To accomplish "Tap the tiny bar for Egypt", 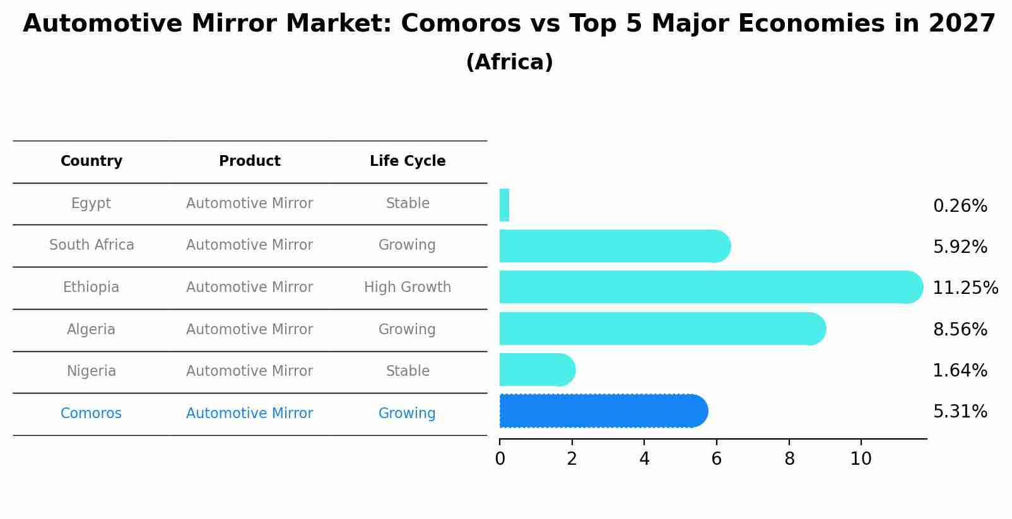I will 504,205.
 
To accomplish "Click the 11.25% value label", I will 965,288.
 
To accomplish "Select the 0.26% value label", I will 960,206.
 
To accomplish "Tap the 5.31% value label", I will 960,412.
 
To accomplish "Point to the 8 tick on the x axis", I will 789,458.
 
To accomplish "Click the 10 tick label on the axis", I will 861,458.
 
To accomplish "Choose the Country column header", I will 91,161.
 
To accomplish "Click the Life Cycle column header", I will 408,161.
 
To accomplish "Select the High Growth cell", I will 408,288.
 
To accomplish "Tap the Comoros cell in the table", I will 91,414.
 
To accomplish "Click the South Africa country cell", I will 91,245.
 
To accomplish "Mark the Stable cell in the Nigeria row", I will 408,371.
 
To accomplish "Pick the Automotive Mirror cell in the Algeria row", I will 249,330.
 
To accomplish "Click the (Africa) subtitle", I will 509,62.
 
